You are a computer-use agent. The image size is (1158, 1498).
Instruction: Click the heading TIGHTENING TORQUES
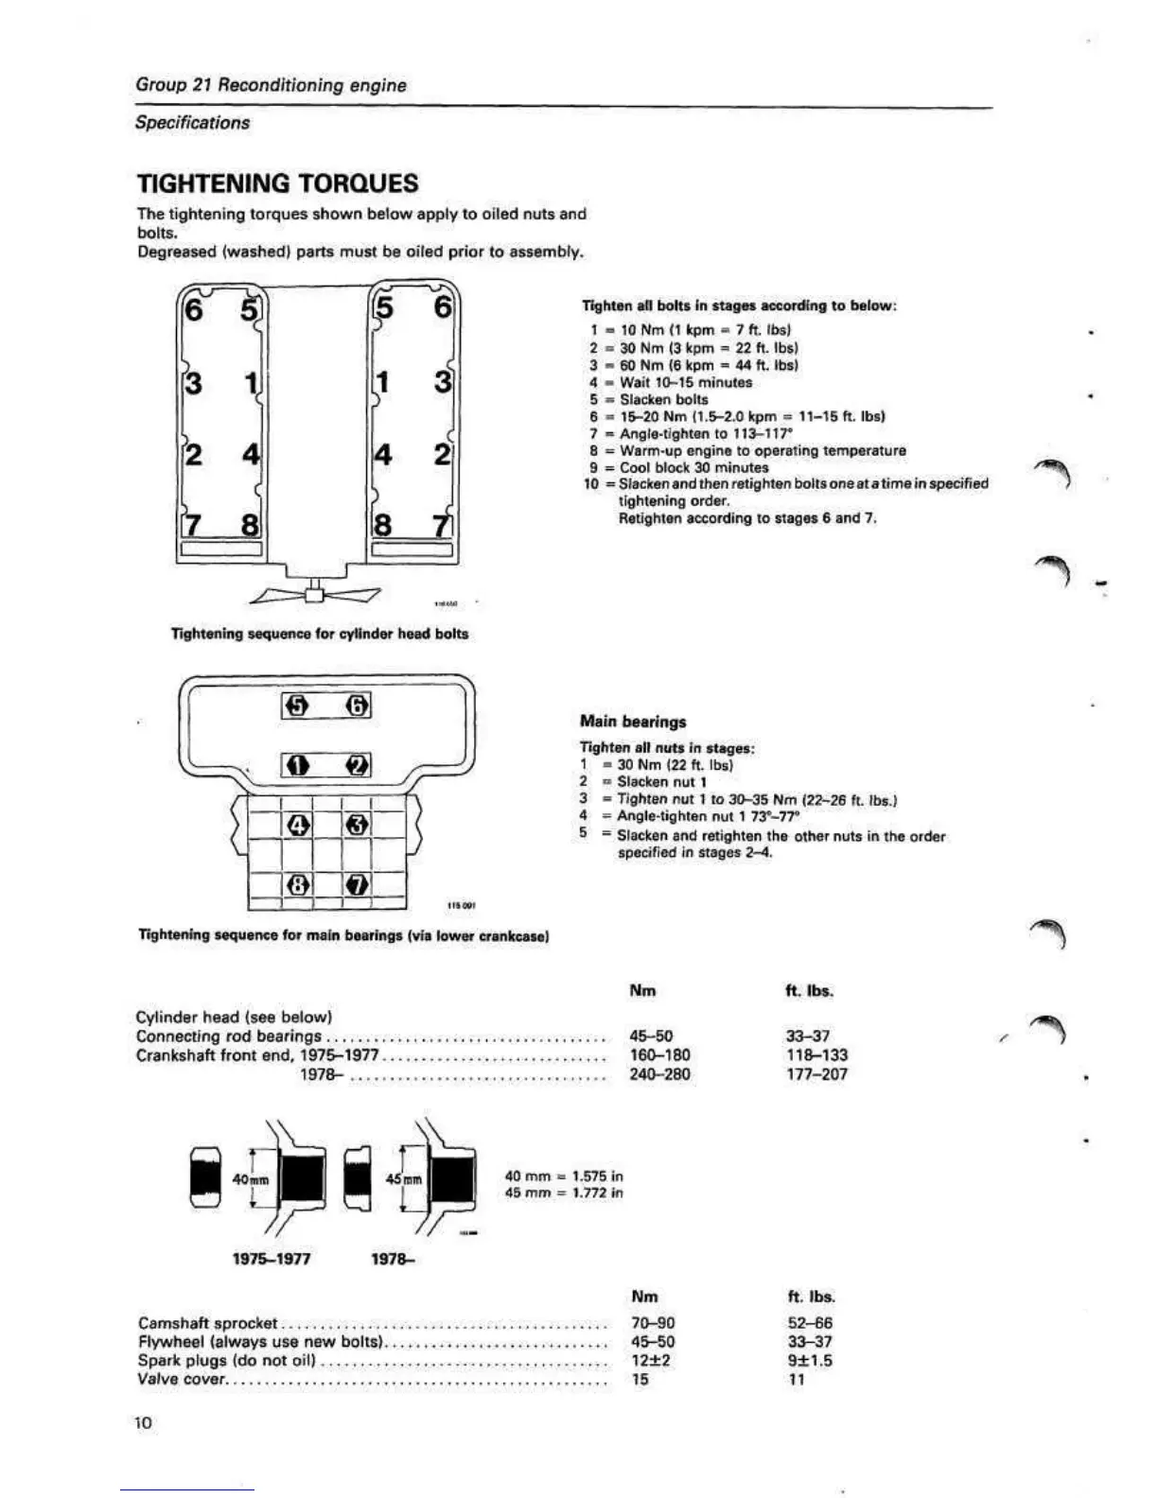(x=277, y=183)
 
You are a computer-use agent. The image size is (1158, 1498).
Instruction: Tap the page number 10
(x=143, y=1423)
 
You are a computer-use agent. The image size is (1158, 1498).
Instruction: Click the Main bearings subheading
(x=633, y=722)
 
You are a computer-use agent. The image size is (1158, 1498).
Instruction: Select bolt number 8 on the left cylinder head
(x=250, y=524)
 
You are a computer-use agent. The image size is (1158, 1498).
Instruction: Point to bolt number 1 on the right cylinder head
(x=383, y=382)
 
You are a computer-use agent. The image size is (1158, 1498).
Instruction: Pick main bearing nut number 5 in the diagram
(x=297, y=705)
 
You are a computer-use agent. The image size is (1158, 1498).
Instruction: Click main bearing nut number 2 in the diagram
(x=357, y=764)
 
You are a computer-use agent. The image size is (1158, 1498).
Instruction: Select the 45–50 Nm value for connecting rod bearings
(x=651, y=1036)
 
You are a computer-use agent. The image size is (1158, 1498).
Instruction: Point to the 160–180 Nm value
(x=659, y=1055)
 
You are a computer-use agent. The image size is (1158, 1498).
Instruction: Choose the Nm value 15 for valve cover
(x=640, y=1380)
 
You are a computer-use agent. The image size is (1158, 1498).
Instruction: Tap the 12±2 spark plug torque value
(x=651, y=1361)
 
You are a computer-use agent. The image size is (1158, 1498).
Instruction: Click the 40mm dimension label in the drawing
(x=251, y=1180)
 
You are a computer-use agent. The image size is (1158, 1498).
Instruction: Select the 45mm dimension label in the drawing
(x=404, y=1180)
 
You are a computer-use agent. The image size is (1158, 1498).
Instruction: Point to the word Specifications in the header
(x=193, y=123)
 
